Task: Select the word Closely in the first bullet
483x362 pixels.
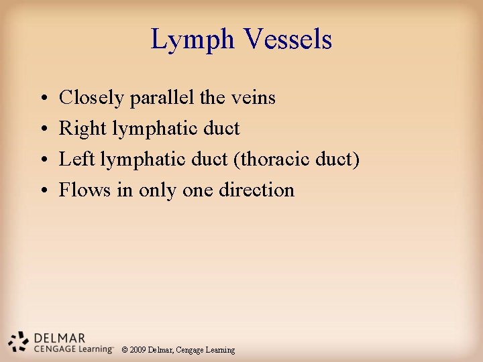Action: (92, 98)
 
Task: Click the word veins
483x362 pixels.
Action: (252, 98)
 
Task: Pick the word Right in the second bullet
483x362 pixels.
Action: (78, 129)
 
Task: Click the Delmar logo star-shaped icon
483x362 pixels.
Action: (19, 341)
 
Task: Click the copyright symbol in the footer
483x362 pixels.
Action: (125, 350)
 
